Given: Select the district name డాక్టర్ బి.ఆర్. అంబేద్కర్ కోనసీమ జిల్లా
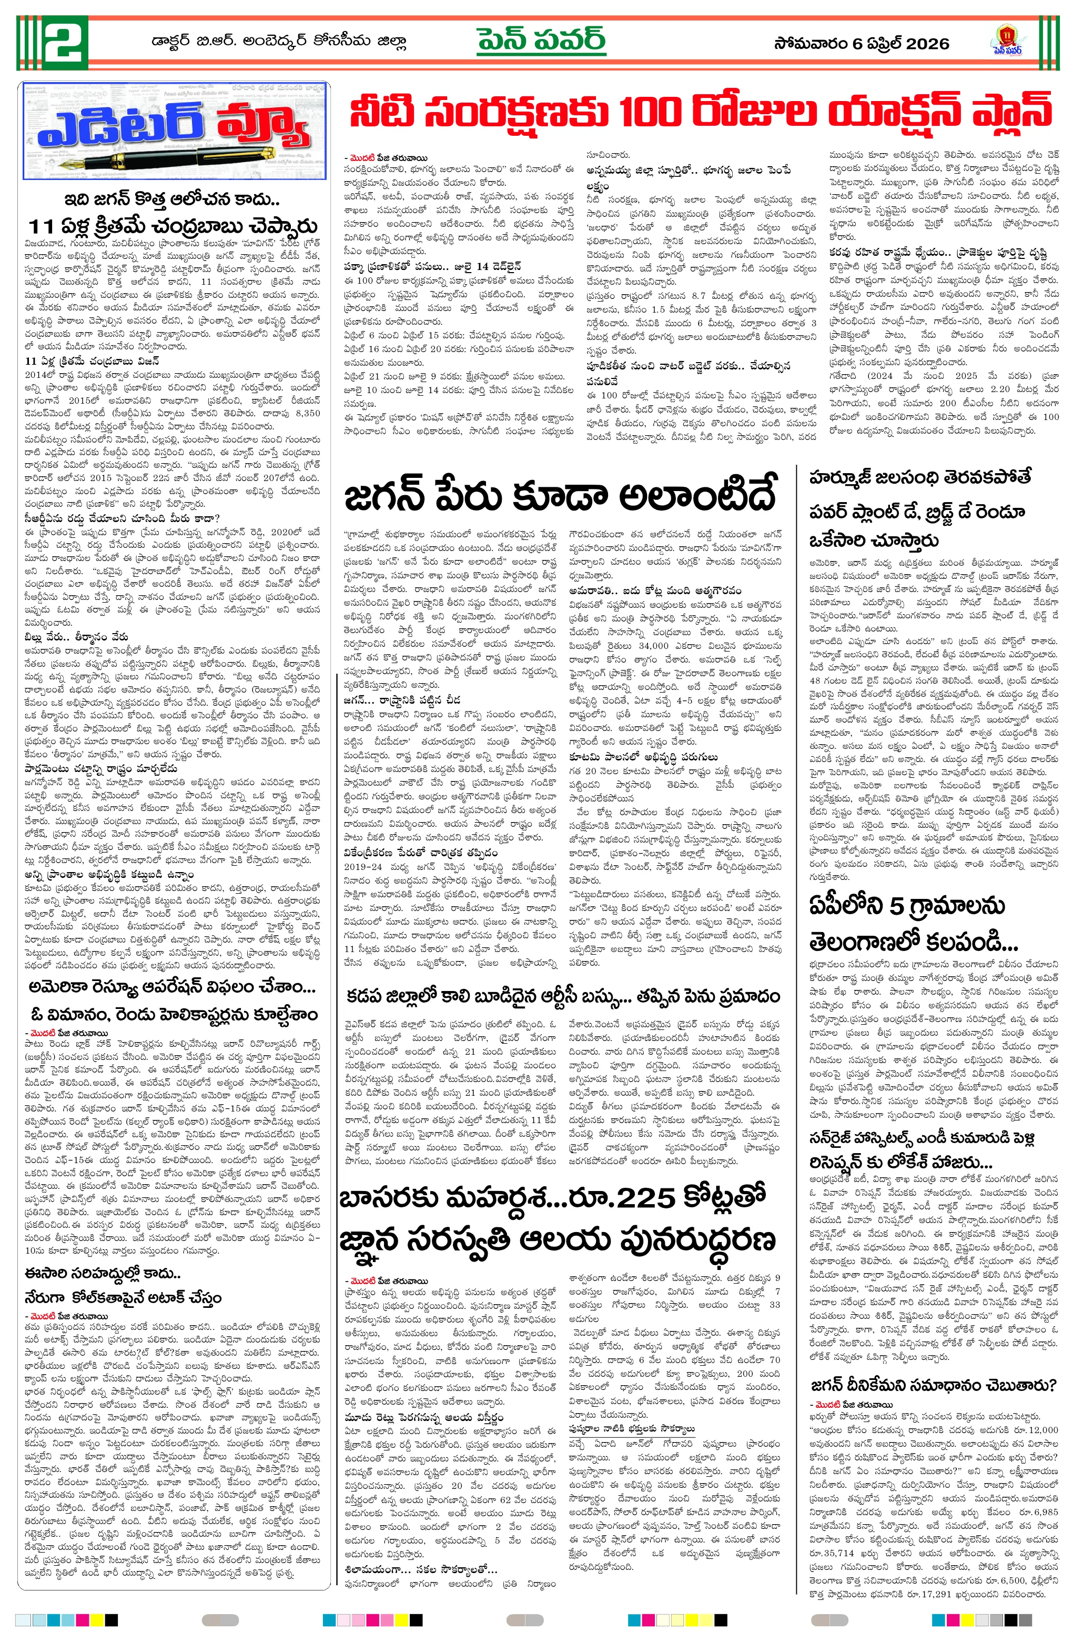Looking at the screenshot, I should coord(279,42).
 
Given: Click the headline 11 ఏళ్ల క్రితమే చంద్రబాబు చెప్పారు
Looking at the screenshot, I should coord(173,227).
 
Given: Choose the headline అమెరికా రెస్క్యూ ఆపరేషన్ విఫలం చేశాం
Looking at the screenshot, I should coord(173,988).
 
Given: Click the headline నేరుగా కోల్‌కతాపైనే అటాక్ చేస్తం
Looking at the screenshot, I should coord(123,1297).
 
